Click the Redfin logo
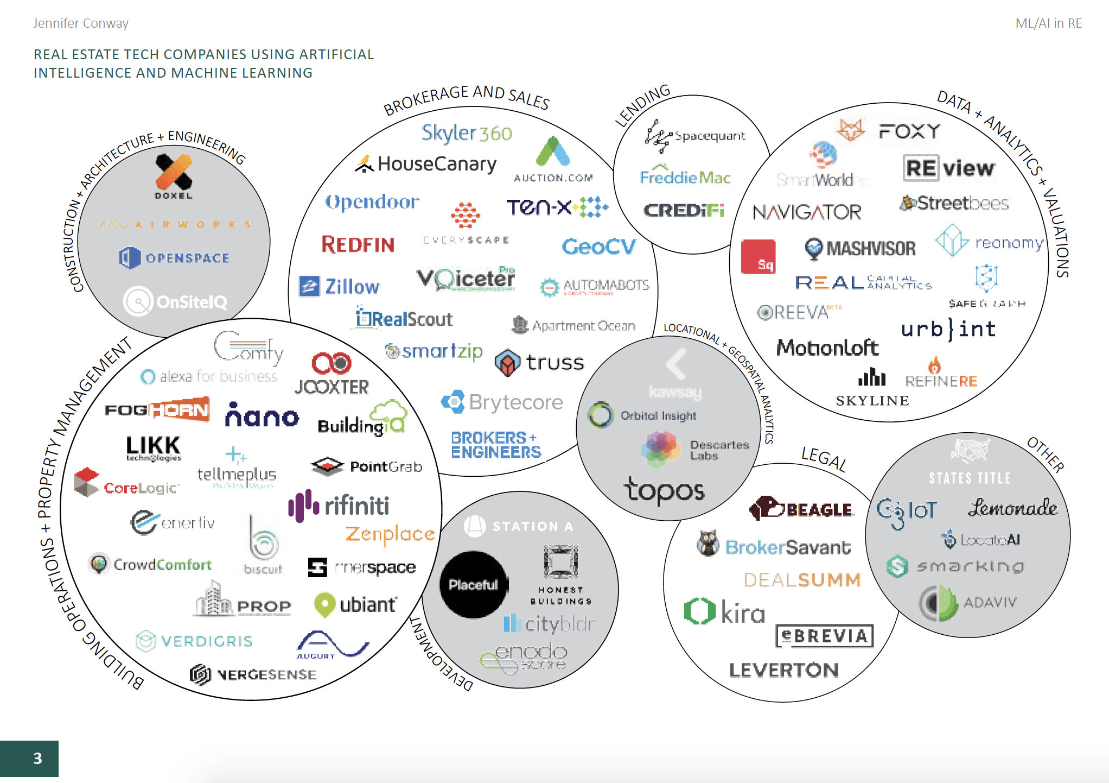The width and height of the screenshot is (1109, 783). (358, 245)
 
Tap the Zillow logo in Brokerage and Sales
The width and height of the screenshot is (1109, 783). (340, 286)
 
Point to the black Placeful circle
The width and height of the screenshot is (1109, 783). (473, 584)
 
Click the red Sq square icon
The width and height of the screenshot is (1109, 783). (758, 257)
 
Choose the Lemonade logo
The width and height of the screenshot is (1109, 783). (1012, 508)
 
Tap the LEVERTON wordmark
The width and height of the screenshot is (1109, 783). (783, 670)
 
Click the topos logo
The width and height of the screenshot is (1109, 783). (664, 491)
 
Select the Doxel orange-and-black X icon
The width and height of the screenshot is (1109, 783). (174, 171)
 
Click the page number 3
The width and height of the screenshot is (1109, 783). (37, 758)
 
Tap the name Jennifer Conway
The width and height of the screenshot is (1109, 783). (81, 23)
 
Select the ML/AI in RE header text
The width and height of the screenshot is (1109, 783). (1048, 23)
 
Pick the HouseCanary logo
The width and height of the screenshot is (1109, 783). (426, 164)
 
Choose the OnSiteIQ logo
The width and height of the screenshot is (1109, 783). (175, 301)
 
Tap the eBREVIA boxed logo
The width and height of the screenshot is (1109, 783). (825, 636)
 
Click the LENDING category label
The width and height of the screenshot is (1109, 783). (643, 105)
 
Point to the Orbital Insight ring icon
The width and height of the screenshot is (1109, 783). (601, 415)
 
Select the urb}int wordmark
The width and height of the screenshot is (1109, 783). (948, 329)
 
